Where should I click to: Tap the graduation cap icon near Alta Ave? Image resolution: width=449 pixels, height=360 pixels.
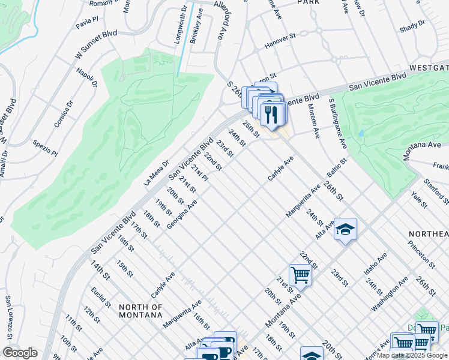(x=345, y=229)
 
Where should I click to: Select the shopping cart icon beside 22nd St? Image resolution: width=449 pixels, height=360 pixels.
(x=300, y=275)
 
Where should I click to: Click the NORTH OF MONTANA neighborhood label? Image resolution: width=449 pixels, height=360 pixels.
(x=140, y=310)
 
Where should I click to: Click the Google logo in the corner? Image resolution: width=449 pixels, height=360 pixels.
(x=20, y=353)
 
